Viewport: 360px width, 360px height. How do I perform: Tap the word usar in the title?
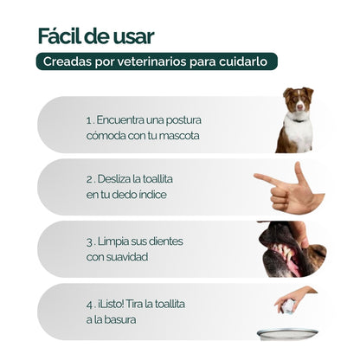point(134,35)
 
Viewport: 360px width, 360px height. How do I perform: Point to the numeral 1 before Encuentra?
point(88,119)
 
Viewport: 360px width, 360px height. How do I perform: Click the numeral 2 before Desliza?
point(89,178)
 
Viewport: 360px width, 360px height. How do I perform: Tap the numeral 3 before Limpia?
point(89,241)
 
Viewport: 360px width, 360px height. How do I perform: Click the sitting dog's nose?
point(298,108)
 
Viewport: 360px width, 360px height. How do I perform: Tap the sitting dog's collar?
point(298,119)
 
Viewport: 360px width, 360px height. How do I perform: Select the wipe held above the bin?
point(288,305)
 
